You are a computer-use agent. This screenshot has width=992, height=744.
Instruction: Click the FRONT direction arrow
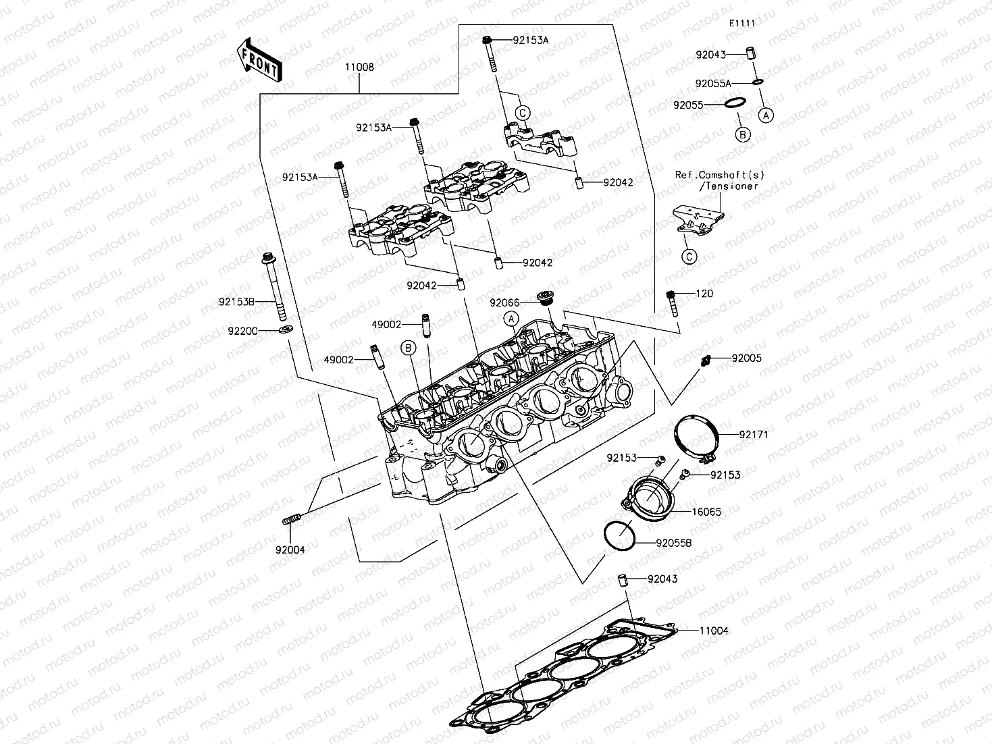point(259,59)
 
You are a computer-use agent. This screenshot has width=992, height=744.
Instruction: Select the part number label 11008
point(359,68)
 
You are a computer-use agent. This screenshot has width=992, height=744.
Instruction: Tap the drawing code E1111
point(741,23)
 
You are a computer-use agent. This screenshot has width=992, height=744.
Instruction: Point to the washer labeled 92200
point(286,330)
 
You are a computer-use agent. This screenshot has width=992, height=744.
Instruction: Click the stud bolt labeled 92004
point(291,520)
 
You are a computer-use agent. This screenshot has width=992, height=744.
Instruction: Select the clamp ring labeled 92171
point(696,439)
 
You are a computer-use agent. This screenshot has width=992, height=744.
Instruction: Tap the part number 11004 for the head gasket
point(713,631)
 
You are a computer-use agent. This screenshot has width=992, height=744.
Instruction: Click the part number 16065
point(706,512)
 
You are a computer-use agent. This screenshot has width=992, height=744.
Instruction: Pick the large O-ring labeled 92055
point(734,103)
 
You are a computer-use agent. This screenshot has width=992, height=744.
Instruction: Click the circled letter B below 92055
point(742,134)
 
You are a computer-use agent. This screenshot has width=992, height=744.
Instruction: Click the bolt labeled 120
point(672,302)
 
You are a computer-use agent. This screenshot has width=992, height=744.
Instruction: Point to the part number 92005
point(746,358)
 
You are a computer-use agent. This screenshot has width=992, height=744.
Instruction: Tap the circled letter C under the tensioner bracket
point(688,256)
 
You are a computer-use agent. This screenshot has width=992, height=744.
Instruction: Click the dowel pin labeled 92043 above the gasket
point(625,580)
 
